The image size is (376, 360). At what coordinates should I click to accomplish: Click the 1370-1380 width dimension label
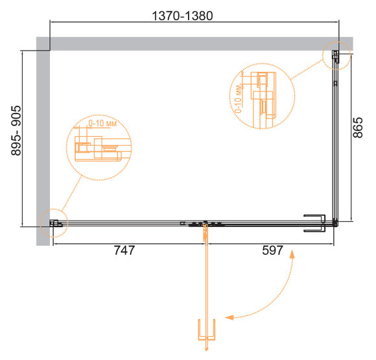coord(182,16)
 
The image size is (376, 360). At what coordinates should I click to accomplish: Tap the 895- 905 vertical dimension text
coord(16,130)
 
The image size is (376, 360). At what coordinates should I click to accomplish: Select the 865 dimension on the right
coord(358,127)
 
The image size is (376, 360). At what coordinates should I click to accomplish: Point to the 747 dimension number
coord(124,250)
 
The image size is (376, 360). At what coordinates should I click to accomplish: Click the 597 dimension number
coord(273,250)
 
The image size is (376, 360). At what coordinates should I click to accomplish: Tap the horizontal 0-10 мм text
coord(102,123)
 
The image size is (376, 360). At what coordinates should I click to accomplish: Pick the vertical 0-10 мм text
coord(238,99)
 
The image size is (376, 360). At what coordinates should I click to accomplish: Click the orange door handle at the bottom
coord(206,330)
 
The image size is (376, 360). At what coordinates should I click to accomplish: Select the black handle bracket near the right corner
coord(314,223)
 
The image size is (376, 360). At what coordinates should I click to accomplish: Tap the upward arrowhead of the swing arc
coord(292,254)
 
